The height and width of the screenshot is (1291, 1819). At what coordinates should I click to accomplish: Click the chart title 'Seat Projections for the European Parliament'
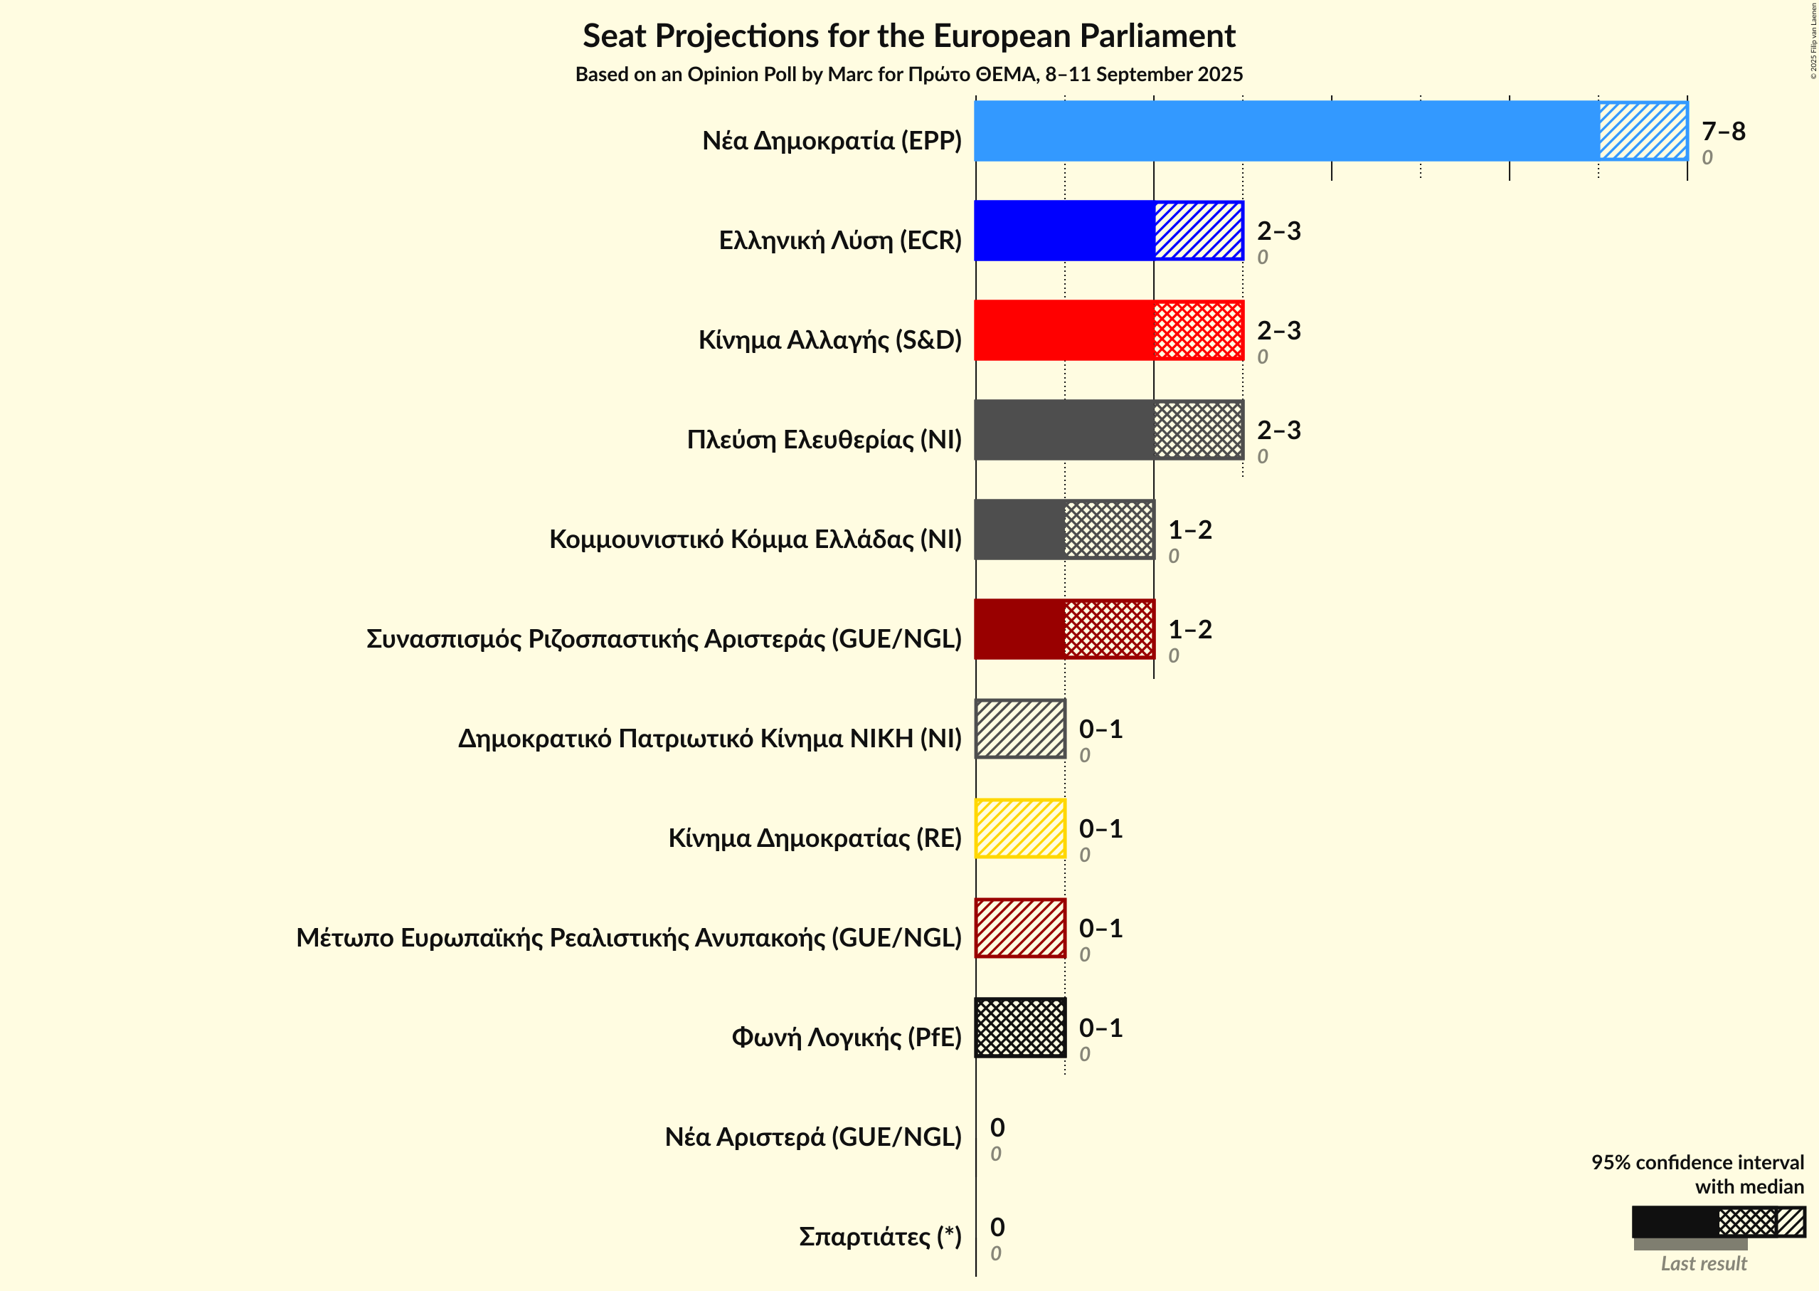tap(909, 36)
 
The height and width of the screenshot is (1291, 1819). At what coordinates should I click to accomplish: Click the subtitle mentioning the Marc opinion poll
tap(909, 74)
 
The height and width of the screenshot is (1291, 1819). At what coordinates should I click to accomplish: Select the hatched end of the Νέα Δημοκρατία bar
tap(1643, 131)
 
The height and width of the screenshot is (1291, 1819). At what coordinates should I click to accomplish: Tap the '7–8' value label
tap(1723, 131)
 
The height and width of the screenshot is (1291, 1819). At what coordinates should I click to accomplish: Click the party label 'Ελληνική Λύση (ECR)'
tap(840, 240)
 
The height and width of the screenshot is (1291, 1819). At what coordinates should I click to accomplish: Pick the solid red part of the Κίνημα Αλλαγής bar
tap(1064, 330)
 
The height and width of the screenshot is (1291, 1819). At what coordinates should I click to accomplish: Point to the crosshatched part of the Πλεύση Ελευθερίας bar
tap(1199, 430)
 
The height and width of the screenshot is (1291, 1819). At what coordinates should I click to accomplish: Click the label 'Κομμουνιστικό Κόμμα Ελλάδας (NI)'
tap(755, 539)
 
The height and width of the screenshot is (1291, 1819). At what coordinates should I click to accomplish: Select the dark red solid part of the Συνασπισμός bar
tap(1019, 629)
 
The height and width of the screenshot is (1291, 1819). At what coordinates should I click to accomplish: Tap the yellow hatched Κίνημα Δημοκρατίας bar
tap(1020, 828)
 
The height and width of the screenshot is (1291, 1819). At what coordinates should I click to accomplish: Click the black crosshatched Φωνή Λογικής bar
tap(1020, 1028)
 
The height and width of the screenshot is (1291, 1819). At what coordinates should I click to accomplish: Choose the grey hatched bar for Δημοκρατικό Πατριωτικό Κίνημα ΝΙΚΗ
tap(1020, 729)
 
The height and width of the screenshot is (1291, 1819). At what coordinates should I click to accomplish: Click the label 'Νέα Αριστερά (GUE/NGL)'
tap(813, 1137)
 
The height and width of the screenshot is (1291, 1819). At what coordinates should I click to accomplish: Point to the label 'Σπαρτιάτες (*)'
tap(880, 1236)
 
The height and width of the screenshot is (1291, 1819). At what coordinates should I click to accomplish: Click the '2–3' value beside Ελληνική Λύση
tap(1278, 231)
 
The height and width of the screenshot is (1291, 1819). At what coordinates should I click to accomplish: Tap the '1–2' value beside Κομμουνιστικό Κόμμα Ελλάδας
tap(1189, 530)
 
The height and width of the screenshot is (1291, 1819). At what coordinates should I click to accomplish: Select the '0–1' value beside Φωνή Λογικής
tap(1101, 1028)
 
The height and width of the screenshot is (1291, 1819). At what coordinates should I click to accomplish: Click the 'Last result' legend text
tap(1703, 1263)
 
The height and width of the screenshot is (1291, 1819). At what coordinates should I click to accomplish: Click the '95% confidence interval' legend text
tap(1697, 1162)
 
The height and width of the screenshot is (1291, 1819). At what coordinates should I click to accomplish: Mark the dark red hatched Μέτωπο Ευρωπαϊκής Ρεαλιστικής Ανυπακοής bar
tap(1020, 929)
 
